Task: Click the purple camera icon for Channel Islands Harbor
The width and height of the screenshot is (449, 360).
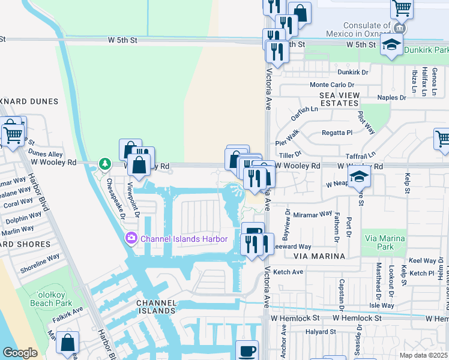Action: [131, 239]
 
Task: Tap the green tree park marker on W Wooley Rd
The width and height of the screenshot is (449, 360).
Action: [105, 163]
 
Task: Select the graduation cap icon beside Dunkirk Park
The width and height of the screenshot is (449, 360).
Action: [391, 46]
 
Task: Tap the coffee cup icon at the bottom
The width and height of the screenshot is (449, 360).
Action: [247, 350]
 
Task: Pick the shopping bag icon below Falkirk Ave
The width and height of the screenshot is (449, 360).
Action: [67, 343]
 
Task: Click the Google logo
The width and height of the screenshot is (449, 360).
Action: [20, 353]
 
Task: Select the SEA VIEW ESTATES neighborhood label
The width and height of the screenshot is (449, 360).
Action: [339, 99]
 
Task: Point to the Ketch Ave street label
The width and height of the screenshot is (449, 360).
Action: [289, 272]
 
